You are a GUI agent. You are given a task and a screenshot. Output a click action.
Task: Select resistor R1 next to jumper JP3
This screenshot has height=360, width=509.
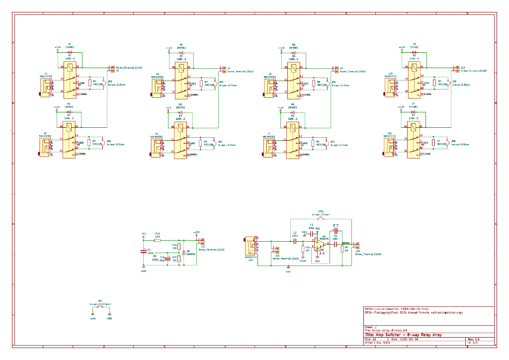point(89,83)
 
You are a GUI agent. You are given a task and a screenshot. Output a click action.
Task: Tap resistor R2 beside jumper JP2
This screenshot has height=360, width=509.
point(89,143)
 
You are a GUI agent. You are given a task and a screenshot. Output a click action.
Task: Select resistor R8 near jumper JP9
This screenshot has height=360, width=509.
point(434,83)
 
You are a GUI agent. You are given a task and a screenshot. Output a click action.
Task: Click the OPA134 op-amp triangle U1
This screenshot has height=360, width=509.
point(323,245)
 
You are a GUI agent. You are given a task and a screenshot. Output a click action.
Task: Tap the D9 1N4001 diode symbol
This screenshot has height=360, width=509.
point(183,253)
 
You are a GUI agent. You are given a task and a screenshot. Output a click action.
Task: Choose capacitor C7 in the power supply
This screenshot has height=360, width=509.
point(144,252)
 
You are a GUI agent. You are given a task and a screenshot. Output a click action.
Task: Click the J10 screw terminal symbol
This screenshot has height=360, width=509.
point(202,242)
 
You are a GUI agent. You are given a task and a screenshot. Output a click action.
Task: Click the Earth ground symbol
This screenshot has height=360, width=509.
point(92,314)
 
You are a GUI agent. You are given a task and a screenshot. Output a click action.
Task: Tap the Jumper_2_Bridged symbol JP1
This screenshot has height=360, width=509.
point(100,307)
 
